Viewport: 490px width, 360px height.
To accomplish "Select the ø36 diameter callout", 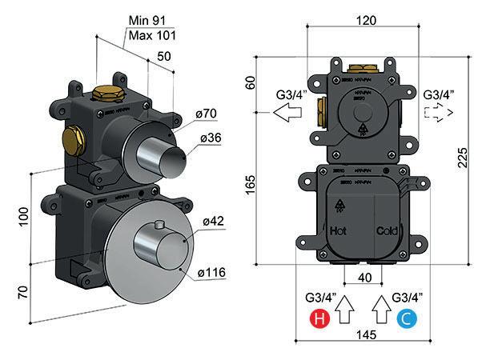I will pos(210,138).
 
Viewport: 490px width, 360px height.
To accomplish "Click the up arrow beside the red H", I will pos(344,309).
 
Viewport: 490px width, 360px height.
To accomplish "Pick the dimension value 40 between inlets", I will pos(363,278).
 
